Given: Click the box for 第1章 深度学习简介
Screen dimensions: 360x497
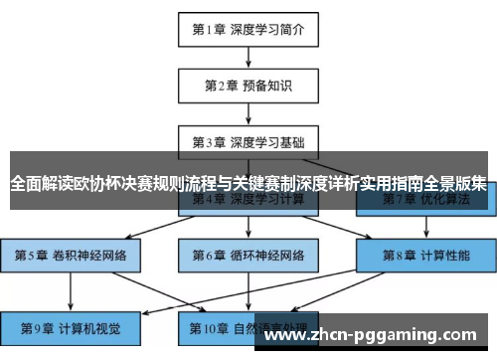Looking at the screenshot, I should click(x=248, y=30).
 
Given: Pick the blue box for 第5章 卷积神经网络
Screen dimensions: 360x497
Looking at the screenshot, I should click(x=70, y=255).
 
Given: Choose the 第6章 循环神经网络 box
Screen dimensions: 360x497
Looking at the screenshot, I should click(x=248, y=255).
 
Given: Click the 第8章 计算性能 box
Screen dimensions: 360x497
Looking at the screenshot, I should click(x=426, y=255).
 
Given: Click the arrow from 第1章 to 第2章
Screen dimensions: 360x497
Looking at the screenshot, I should click(x=248, y=57).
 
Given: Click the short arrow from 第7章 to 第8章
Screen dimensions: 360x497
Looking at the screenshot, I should click(x=426, y=227).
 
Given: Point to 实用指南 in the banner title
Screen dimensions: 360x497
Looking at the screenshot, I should click(x=390, y=184).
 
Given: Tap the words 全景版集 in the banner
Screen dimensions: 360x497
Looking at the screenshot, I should click(x=454, y=184).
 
